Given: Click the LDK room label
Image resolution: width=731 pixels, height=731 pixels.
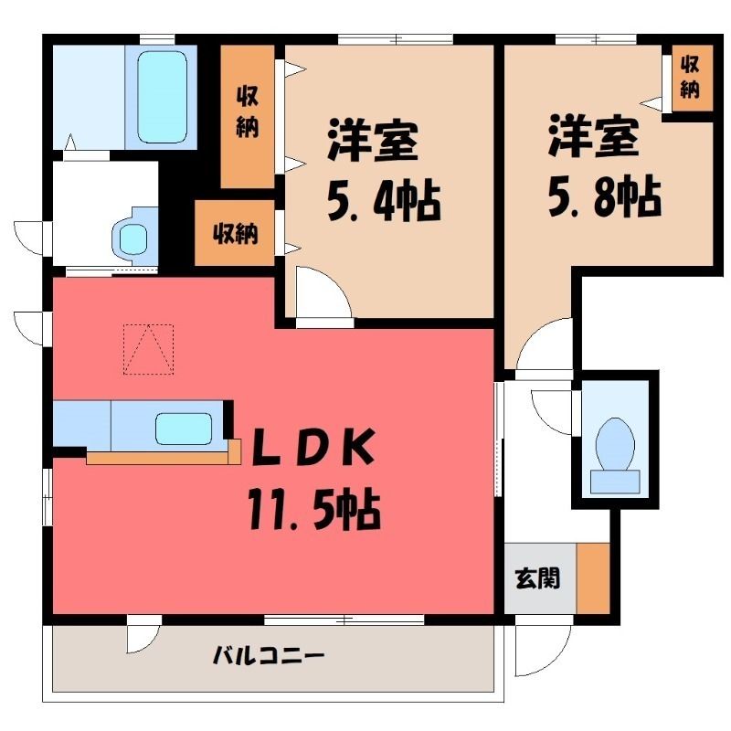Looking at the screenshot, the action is [x=313, y=447].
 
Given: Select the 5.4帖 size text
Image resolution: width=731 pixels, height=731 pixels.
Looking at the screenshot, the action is [x=384, y=202].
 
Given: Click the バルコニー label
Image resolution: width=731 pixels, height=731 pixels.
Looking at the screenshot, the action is [x=268, y=657].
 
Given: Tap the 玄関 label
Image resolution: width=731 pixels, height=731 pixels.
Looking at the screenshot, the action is [x=537, y=579].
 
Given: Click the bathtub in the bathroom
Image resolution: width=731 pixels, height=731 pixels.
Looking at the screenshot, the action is [x=163, y=97].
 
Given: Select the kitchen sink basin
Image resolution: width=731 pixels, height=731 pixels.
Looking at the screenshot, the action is [x=184, y=429].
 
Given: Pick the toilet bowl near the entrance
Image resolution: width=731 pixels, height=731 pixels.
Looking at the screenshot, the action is [x=615, y=444].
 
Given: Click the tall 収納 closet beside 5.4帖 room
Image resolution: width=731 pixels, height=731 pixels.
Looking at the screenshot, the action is [x=247, y=117].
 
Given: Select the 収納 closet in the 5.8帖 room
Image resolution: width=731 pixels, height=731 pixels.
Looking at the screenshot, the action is [x=693, y=78].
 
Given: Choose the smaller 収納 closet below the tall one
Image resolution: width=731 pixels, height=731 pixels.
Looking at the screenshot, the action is [x=234, y=233].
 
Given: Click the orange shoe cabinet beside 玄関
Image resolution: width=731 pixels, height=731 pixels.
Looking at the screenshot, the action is [x=593, y=578].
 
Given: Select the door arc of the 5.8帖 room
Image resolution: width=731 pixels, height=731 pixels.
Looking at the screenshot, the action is [x=536, y=334].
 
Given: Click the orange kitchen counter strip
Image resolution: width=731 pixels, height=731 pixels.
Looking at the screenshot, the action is [x=164, y=457].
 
